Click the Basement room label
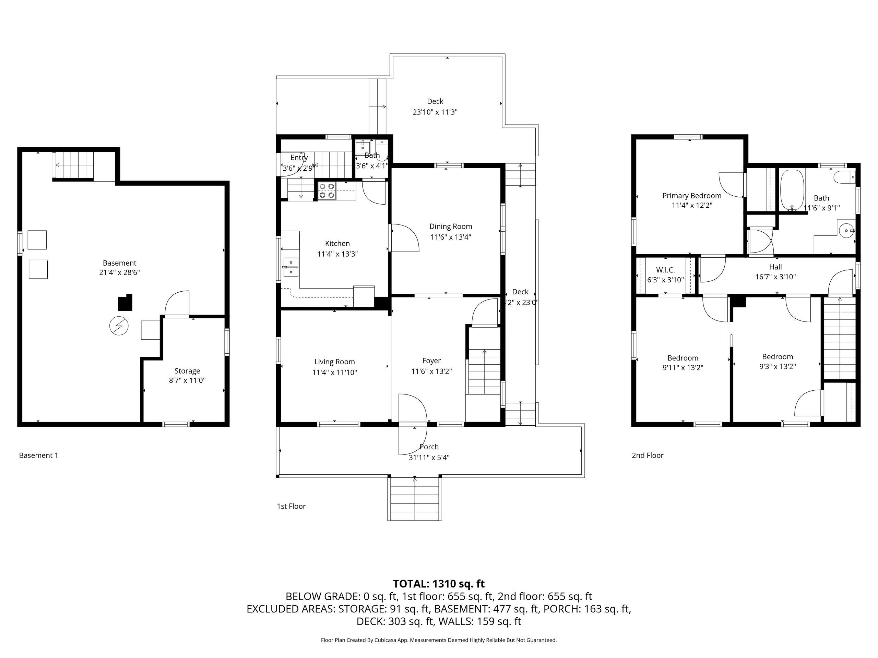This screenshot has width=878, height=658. pos(119,263)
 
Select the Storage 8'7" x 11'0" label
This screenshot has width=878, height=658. pos(187,376)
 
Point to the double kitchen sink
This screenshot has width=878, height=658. pos(290,267)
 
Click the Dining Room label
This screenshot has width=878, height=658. pos(451,227)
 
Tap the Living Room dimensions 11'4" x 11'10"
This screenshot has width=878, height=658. pos(335,373)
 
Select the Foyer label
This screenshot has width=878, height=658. pos(431,361)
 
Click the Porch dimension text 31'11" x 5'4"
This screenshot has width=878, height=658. pos(429,457)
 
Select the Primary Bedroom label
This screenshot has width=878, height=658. pos(692,196)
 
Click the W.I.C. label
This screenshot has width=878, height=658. pos(666,270)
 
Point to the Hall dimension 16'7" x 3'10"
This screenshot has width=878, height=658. pos(775,277)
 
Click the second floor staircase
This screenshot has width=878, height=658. pos(839,338)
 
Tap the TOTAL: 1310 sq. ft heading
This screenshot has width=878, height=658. pos(439,584)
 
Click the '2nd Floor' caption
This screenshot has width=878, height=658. pos(648,455)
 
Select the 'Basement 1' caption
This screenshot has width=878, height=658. pos(38,455)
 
